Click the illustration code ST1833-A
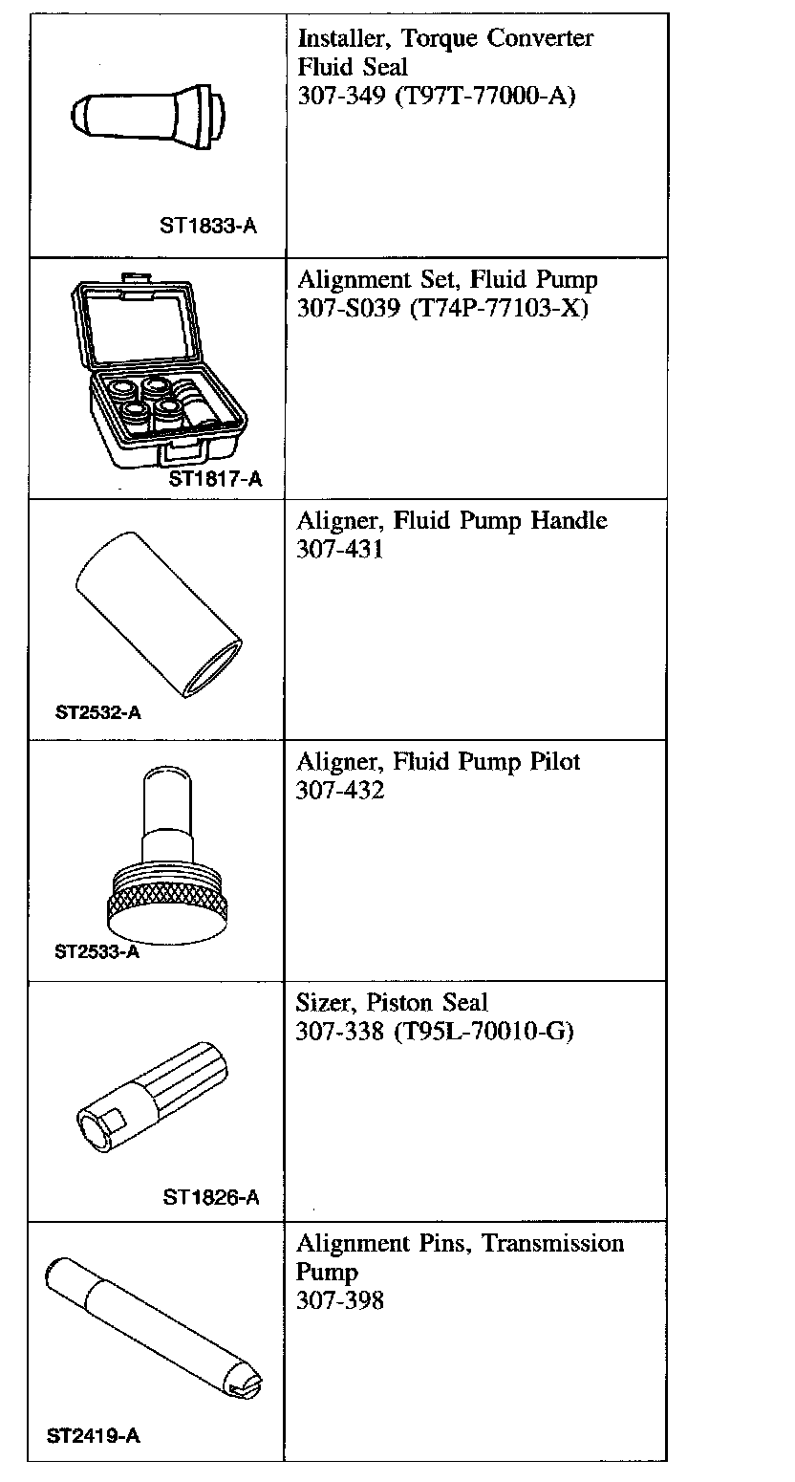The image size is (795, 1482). click(208, 227)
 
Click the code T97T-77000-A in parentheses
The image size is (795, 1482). click(481, 96)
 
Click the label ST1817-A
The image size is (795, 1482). click(215, 479)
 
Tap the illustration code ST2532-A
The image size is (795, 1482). click(98, 712)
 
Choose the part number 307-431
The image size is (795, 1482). click(339, 551)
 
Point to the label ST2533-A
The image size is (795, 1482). click(97, 952)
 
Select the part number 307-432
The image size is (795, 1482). click(340, 792)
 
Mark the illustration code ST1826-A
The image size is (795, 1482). click(211, 1197)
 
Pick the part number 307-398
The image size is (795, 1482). click(340, 1300)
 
